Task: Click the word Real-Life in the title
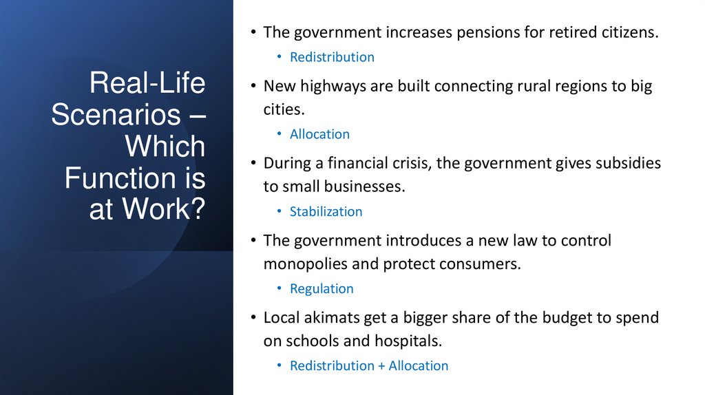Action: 147,83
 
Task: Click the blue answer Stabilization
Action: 326,211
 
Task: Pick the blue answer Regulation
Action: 322,288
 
